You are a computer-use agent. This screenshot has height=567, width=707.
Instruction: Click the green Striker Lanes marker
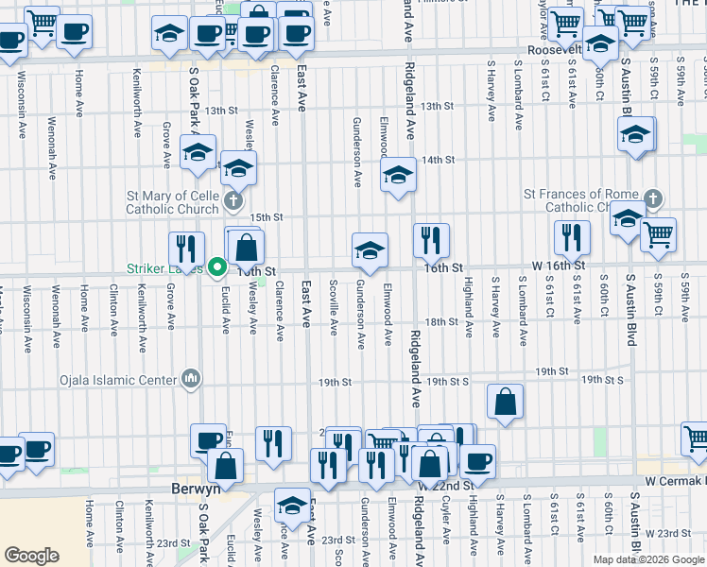[216, 268]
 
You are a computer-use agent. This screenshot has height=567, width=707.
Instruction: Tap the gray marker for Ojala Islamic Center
[192, 380]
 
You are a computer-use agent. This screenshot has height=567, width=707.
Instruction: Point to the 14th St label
[439, 160]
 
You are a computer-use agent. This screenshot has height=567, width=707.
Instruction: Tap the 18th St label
[441, 322]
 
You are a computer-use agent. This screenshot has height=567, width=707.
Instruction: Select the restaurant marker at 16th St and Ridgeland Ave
[430, 241]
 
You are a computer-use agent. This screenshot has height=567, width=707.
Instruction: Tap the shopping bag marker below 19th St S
[506, 401]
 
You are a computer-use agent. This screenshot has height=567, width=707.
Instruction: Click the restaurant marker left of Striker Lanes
[186, 249]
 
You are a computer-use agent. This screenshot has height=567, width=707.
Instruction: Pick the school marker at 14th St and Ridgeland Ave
[399, 175]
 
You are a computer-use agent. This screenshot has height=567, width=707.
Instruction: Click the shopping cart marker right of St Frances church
[658, 234]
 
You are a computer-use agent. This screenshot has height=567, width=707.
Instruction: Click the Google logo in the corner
[31, 556]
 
